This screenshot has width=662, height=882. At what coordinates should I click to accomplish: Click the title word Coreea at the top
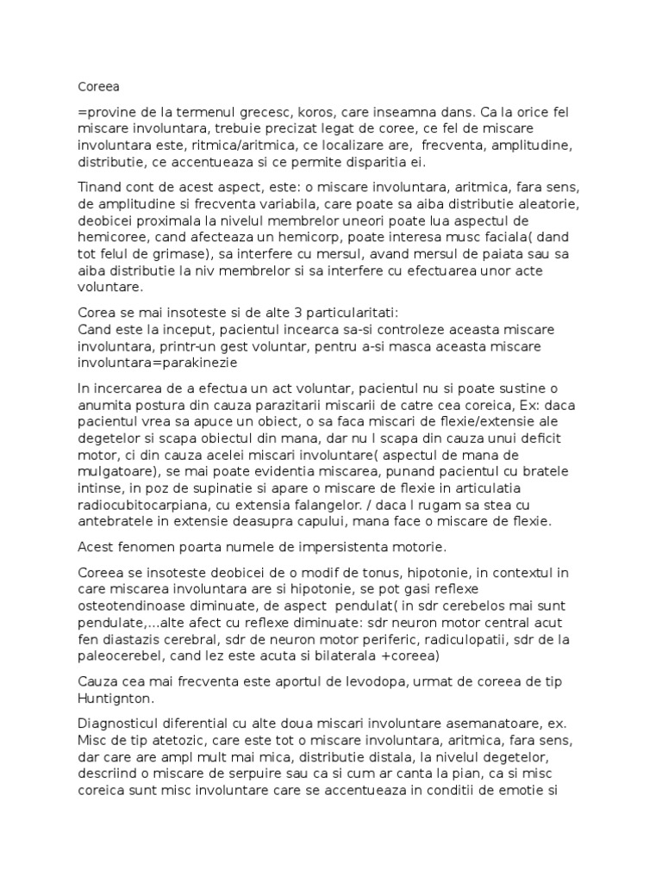pyautogui.click(x=97, y=86)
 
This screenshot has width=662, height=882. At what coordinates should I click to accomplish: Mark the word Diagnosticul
pyautogui.click(x=120, y=724)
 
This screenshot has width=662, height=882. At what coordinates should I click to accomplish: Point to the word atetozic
pyautogui.click(x=187, y=742)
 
